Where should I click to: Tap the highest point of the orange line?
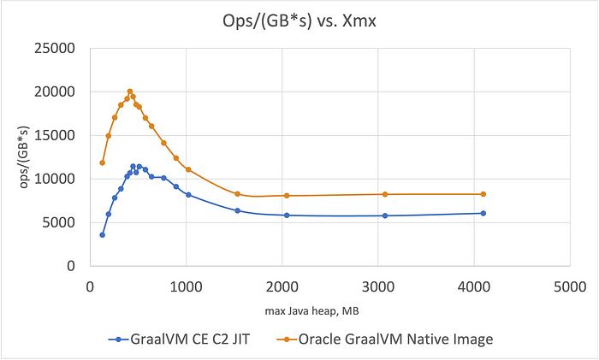[x=130, y=91]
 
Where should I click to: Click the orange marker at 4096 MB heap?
[x=483, y=194]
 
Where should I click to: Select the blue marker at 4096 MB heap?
[x=483, y=213]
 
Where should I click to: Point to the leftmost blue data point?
[x=102, y=234]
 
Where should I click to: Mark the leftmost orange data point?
[x=102, y=162]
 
